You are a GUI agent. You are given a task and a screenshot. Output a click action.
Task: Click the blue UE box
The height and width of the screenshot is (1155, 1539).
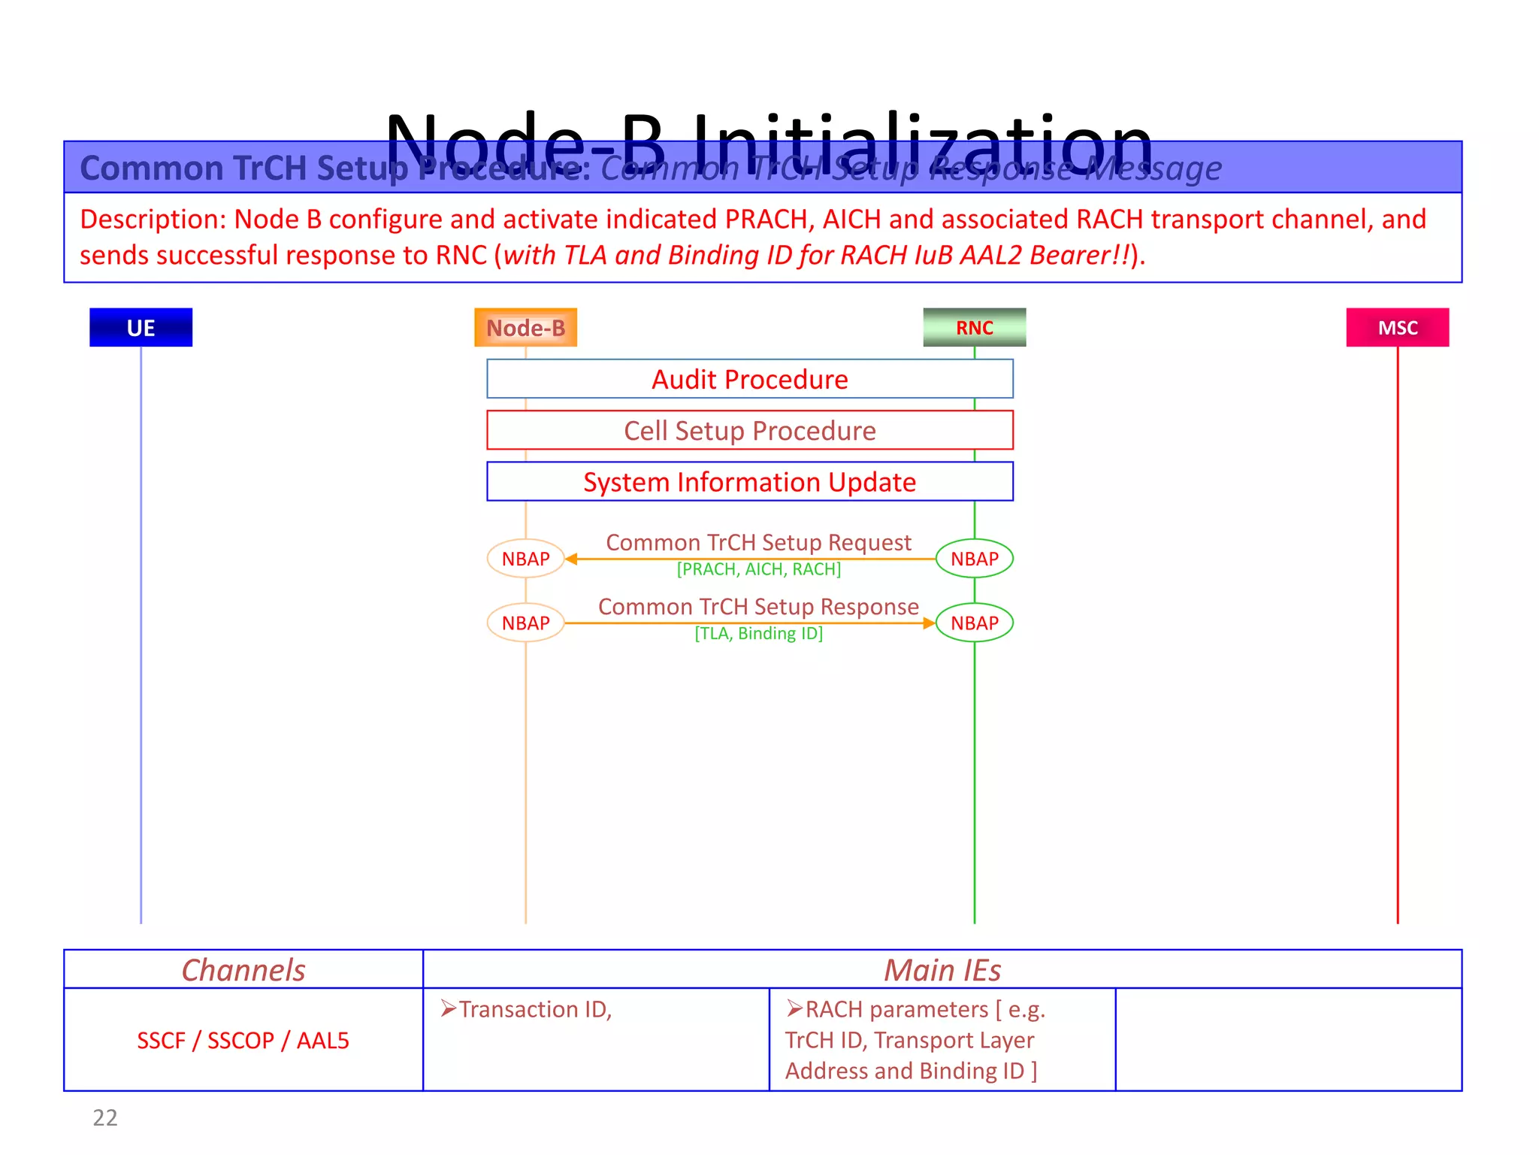[x=141, y=327]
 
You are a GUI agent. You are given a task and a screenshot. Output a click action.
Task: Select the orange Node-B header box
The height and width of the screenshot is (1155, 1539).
[x=525, y=327]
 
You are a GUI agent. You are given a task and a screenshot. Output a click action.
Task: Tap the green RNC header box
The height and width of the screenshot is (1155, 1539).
[x=974, y=327]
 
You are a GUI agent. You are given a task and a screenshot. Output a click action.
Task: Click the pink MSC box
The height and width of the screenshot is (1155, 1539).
[x=1397, y=327]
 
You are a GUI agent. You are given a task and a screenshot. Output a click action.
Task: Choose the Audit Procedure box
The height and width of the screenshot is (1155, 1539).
[x=749, y=379]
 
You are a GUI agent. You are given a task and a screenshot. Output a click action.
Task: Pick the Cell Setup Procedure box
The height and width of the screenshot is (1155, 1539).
[x=749, y=430]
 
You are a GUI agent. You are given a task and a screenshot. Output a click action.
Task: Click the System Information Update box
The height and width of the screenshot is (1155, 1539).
[x=749, y=481]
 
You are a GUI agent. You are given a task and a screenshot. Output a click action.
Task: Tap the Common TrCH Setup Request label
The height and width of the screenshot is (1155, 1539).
[x=758, y=542]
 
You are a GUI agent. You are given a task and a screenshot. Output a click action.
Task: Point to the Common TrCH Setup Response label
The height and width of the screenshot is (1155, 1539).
[x=758, y=606]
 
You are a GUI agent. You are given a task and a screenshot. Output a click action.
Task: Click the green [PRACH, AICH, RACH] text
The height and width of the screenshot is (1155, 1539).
[x=758, y=569]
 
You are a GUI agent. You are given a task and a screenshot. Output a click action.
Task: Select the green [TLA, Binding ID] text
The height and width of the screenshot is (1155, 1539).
[x=758, y=633]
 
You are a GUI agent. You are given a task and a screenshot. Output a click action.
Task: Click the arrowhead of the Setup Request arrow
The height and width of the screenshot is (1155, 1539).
[x=571, y=559]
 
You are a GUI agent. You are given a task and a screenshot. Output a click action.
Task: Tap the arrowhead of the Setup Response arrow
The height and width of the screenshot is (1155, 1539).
[x=929, y=623]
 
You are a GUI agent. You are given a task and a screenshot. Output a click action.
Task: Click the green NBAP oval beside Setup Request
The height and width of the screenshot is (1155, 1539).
[x=974, y=559]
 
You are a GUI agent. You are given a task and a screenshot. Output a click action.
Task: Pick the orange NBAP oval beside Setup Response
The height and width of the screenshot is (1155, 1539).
[x=525, y=623]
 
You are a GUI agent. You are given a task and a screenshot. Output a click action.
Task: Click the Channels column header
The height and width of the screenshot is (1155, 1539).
[x=243, y=969]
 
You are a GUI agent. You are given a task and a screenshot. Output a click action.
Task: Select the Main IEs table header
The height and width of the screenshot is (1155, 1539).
[x=942, y=969]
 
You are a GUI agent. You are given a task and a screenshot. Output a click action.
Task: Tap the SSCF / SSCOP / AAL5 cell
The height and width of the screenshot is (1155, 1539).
[x=243, y=1040]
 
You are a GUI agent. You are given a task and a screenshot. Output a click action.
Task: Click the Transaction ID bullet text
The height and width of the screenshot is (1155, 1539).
[x=534, y=1009]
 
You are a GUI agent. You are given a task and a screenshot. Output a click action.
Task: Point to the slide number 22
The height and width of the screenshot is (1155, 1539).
[x=105, y=1117]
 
